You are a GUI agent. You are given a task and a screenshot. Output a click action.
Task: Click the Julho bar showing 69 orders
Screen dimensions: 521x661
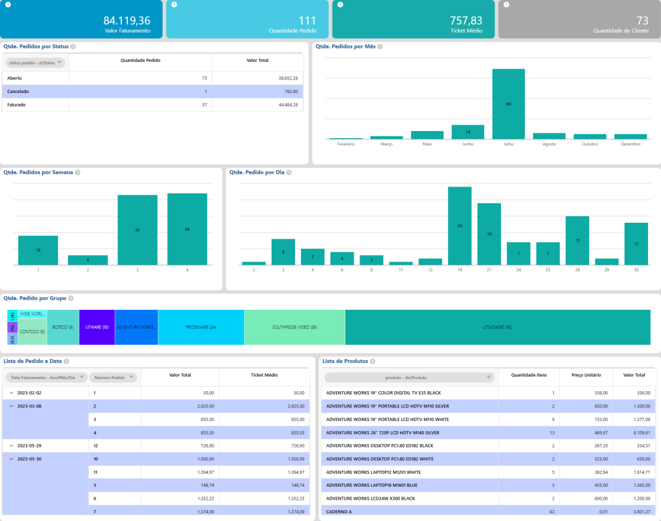[508, 103]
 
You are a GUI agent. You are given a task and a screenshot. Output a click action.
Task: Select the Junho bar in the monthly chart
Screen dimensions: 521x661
[467, 132]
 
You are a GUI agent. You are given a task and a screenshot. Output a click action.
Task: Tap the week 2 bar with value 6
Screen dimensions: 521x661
[87, 260]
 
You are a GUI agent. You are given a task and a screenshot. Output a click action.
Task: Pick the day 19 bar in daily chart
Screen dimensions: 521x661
[460, 225]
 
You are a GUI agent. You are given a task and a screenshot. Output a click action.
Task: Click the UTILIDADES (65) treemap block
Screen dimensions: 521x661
[498, 327]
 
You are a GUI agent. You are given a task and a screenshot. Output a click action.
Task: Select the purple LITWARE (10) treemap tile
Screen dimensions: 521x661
[97, 327]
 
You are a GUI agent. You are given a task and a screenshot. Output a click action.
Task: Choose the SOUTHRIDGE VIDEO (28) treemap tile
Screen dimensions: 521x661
[294, 327]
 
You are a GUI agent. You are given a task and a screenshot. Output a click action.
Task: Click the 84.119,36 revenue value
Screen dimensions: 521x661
[127, 21]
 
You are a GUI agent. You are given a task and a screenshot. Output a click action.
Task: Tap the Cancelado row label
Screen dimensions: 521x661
[18, 92]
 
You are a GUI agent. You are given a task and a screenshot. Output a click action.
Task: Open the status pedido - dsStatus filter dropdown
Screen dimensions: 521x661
[36, 63]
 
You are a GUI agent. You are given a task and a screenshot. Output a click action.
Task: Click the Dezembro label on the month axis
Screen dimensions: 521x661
[630, 144]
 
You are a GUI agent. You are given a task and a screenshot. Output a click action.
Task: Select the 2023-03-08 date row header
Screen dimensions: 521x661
[30, 406]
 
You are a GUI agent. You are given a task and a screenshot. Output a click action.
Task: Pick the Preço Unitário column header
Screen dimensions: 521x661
[586, 374]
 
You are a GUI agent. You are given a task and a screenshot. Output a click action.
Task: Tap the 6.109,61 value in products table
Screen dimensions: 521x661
[633, 433]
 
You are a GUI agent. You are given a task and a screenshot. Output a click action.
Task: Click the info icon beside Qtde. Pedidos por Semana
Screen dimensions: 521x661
[77, 173]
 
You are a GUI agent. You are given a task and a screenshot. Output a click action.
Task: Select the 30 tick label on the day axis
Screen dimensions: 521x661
[636, 270]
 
